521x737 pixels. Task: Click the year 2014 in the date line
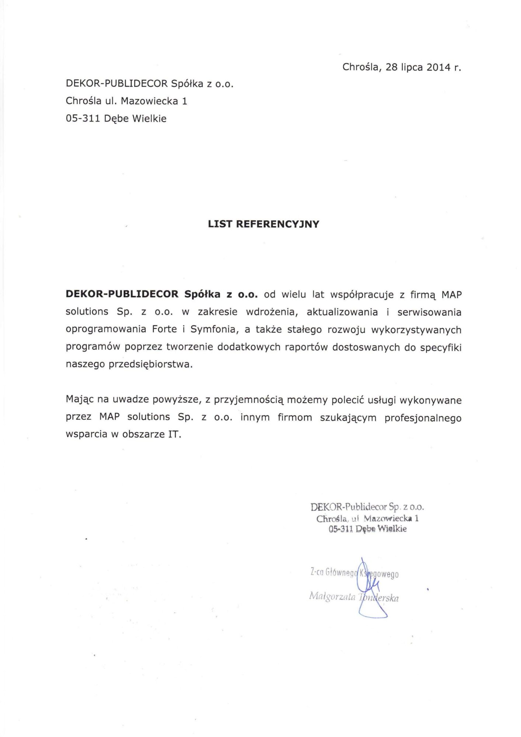tap(438, 67)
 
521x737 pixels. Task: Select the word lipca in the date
tap(412, 67)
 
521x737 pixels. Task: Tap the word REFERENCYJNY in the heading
tap(277, 224)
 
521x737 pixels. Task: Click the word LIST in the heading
tap(220, 224)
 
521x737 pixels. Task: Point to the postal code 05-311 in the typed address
tap(83, 119)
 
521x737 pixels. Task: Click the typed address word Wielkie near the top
tap(149, 119)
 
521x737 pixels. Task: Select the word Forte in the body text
tap(164, 329)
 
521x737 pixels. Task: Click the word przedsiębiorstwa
tap(150, 365)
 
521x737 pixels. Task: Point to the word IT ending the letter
tap(174, 434)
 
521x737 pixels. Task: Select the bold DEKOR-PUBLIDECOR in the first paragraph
tap(122, 294)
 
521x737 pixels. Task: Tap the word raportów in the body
tap(306, 347)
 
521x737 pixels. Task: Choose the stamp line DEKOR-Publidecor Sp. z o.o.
tap(367, 507)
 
